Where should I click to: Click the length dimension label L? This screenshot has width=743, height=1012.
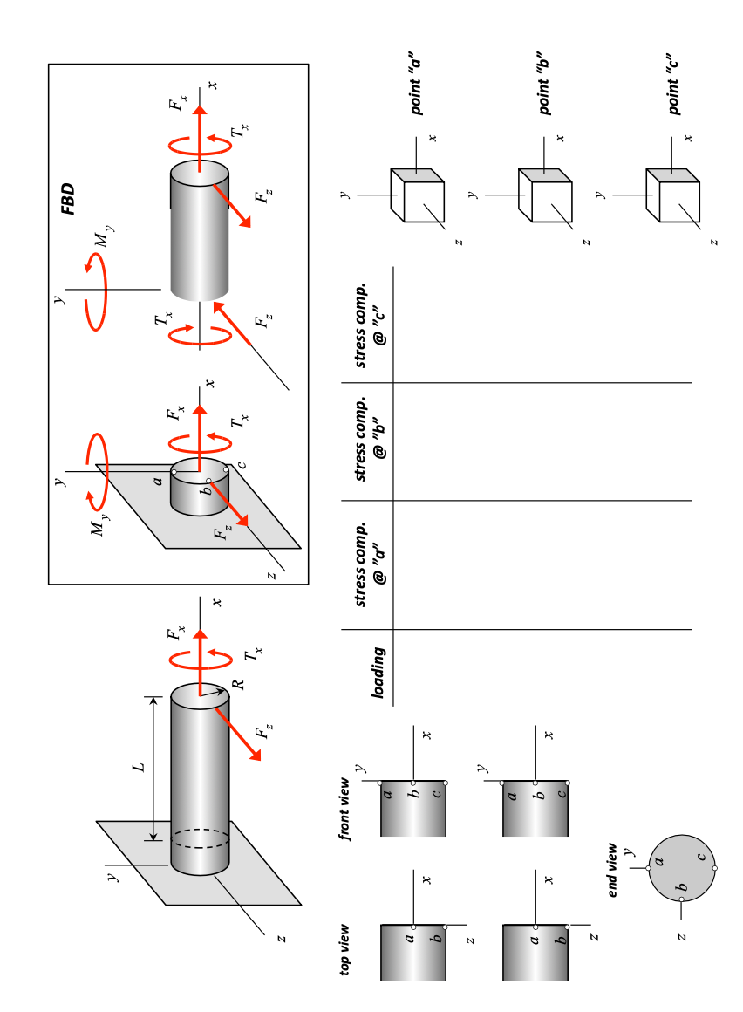click(138, 767)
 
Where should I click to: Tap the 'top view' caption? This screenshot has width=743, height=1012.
click(345, 951)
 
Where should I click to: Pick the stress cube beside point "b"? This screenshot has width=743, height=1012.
click(544, 193)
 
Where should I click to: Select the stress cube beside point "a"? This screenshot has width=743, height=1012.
click(417, 193)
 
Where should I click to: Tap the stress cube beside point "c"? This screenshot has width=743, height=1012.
click(672, 193)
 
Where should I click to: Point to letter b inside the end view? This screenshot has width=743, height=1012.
click(683, 888)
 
